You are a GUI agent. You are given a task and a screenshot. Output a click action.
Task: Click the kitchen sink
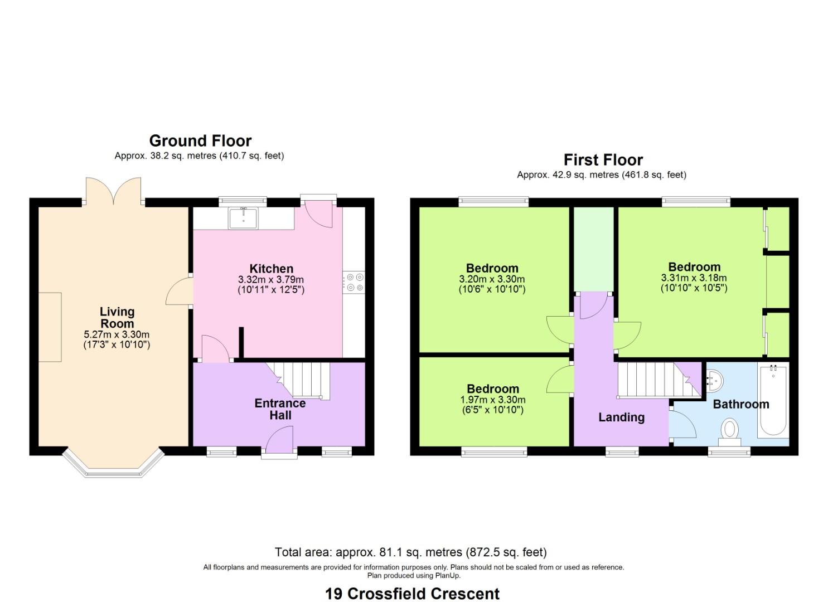243,217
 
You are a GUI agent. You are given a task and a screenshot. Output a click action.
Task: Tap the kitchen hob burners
354,282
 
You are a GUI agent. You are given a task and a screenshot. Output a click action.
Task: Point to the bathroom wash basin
714,382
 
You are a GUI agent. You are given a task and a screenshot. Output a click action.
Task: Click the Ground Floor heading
200,140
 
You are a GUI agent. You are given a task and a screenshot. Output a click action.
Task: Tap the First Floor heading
603,160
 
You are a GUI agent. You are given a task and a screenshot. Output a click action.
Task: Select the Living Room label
117,318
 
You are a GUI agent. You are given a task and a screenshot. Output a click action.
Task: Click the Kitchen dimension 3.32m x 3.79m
271,279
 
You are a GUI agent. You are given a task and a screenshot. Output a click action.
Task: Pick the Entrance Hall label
280,409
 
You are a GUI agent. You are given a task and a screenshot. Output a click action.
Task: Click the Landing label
621,417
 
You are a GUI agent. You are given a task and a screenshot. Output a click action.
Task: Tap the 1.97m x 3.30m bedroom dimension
492,400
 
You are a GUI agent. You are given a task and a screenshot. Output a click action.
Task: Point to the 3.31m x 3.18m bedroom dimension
694,278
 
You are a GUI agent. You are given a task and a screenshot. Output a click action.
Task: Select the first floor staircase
652,380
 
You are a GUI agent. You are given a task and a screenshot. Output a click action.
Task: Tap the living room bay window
114,465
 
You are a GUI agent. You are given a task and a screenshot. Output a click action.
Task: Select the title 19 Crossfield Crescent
413,594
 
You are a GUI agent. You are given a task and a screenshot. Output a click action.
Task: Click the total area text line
410,552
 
